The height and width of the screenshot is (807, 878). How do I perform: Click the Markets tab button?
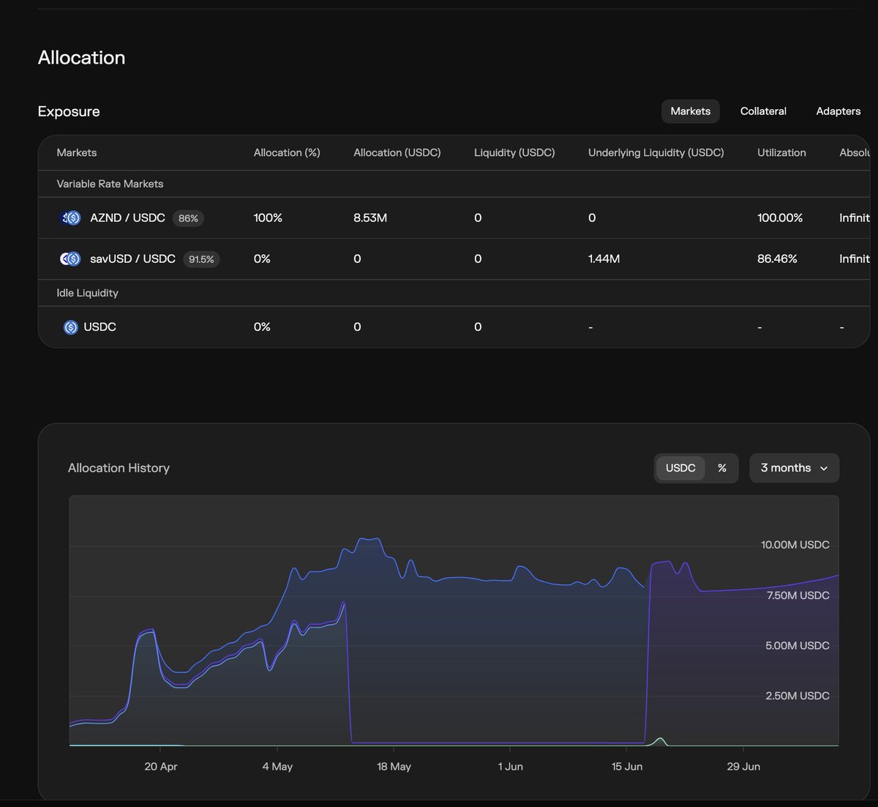pos(690,111)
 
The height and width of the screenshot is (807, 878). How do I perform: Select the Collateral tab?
pos(763,111)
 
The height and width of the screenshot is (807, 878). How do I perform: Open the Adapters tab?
pos(838,111)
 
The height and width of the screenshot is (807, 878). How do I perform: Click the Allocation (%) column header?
pos(287,152)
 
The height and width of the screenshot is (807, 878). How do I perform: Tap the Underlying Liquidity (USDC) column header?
pos(656,152)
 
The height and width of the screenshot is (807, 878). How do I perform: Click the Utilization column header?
pos(781,152)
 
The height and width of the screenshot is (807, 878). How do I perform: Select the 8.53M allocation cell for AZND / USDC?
pos(369,217)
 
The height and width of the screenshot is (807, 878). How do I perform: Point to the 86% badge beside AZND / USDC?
pos(188,218)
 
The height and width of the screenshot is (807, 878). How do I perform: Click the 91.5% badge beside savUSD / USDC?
pos(201,259)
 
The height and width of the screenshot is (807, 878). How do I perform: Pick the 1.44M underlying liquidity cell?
pos(604,259)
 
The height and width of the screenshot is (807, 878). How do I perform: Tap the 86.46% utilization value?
pos(777,259)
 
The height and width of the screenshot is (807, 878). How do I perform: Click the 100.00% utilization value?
pos(779,217)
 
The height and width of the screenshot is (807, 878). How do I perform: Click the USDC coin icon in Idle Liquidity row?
pos(70,327)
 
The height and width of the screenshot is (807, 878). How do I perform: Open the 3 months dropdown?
pos(794,468)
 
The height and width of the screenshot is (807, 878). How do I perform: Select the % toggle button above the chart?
pos(721,468)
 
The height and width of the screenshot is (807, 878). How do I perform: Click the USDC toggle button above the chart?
pos(680,468)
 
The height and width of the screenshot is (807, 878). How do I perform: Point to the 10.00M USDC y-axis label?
pos(795,545)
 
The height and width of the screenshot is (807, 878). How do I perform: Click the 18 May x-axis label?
pos(394,766)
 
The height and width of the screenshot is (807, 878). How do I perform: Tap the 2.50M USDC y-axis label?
pos(797,696)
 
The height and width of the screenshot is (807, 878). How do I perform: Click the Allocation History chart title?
pos(119,468)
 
